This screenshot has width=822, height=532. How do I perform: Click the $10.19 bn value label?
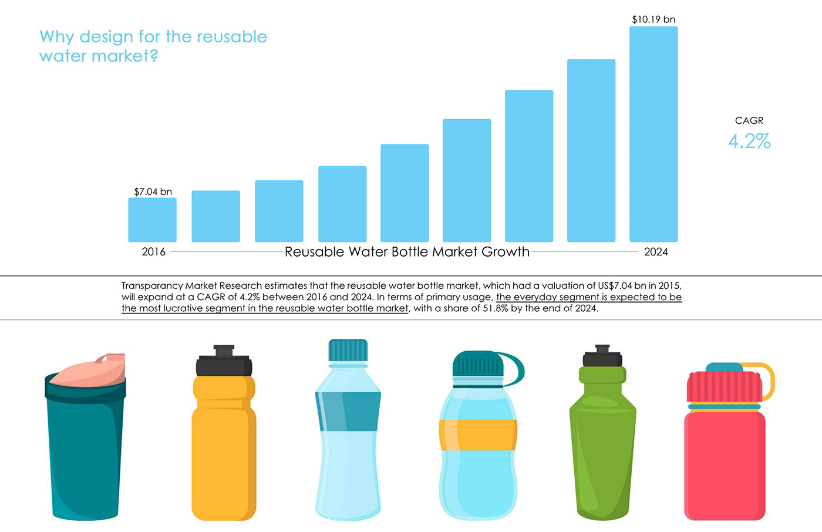pyautogui.click(x=653, y=19)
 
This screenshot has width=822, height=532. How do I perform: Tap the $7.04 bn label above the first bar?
pyautogui.click(x=153, y=191)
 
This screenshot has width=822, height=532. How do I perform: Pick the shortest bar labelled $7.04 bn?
pyautogui.click(x=153, y=220)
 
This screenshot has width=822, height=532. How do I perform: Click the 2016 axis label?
pyautogui.click(x=153, y=252)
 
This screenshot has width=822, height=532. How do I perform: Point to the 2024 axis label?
pyautogui.click(x=656, y=252)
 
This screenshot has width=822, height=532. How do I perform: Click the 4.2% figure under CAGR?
pyautogui.click(x=749, y=142)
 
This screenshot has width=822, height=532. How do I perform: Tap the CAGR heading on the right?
pyautogui.click(x=749, y=120)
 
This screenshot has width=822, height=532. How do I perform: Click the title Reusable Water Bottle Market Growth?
pyautogui.click(x=407, y=252)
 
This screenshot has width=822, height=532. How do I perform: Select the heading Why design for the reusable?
pyautogui.click(x=153, y=37)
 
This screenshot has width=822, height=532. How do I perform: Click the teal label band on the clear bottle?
pyautogui.click(x=349, y=411)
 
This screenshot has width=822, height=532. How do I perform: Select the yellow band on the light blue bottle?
pyautogui.click(x=478, y=435)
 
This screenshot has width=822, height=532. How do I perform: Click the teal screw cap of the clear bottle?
pyautogui.click(x=348, y=350)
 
